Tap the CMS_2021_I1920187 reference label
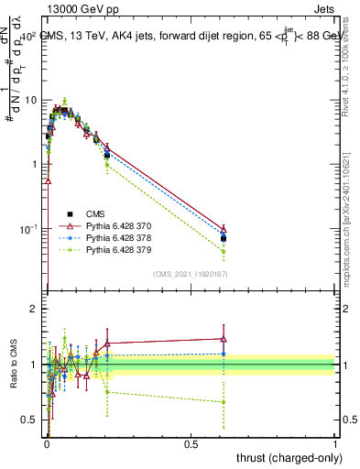coord(190,274)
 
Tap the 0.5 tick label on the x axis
coord(191,444)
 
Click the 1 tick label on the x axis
coord(335,444)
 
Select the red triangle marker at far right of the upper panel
coord(224,228)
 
